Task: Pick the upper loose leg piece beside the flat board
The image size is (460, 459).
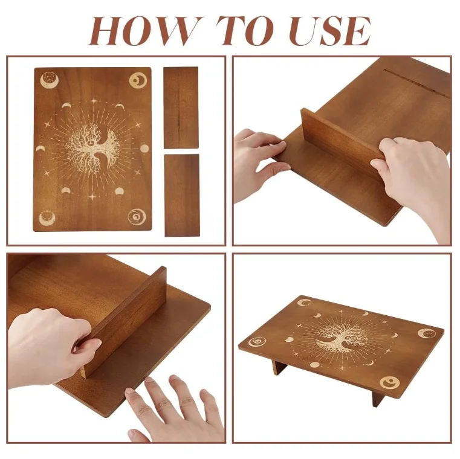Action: pyautogui.click(x=181, y=108)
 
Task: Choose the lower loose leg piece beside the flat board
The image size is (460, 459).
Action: pyautogui.click(x=182, y=195)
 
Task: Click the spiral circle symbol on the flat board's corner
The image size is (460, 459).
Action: pyautogui.click(x=137, y=217)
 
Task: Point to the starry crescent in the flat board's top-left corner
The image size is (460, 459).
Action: pyautogui.click(x=50, y=80)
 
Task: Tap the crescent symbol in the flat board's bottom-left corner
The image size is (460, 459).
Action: pyautogui.click(x=47, y=217)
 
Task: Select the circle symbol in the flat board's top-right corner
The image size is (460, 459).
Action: pyautogui.click(x=138, y=80)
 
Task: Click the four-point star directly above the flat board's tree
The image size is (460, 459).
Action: pyautogui.click(x=94, y=101)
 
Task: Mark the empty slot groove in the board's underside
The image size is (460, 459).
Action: pyautogui.click(x=417, y=82)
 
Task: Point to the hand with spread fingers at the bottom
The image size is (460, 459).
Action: pyautogui.click(x=173, y=410)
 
